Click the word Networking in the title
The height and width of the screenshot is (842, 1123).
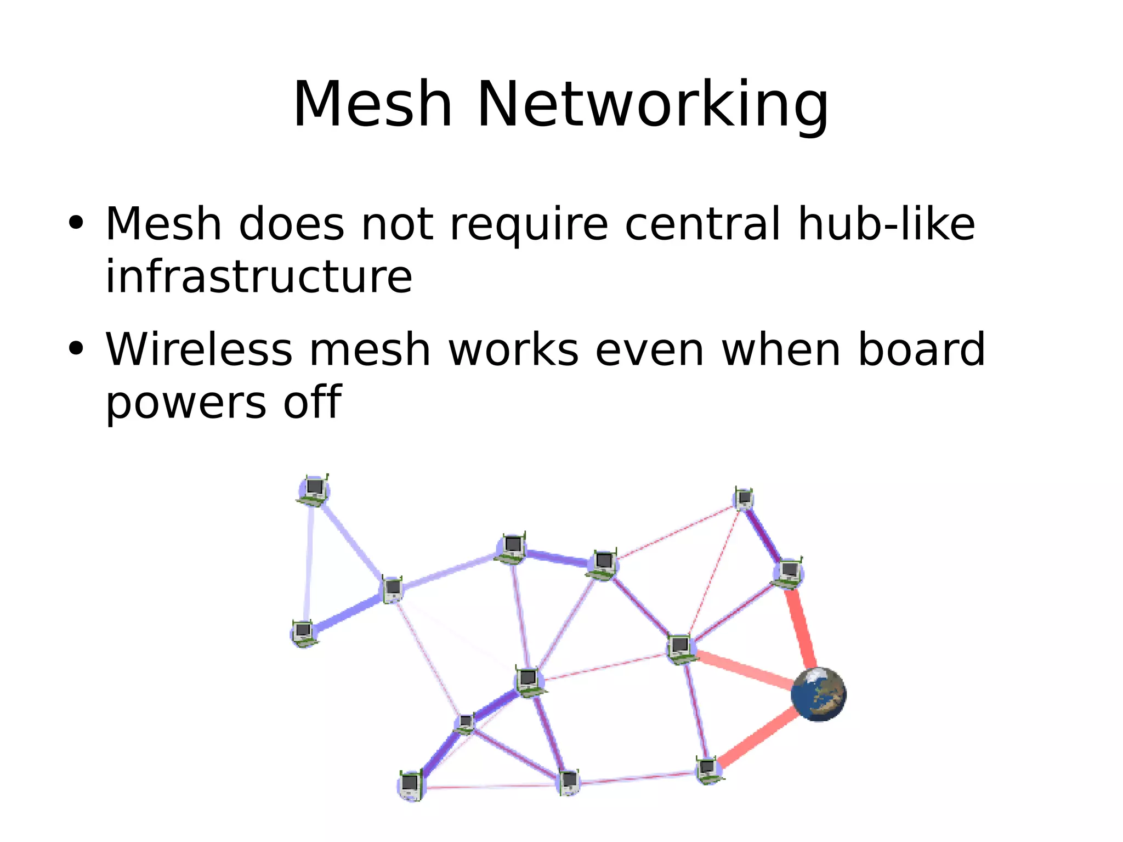point(653,105)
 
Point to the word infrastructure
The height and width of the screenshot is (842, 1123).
point(258,276)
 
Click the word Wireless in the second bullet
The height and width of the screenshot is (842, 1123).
point(199,349)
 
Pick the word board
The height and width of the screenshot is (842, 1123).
point(921,349)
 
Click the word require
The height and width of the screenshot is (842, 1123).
point(529,225)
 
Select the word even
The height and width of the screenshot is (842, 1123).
point(649,349)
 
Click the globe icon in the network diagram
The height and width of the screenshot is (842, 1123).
point(818,694)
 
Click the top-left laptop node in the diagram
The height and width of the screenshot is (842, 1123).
point(314,490)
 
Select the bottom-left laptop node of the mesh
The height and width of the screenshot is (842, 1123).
point(411,785)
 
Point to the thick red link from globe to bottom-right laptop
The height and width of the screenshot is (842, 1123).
point(757,738)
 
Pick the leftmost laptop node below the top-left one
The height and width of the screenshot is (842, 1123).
point(303,634)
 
